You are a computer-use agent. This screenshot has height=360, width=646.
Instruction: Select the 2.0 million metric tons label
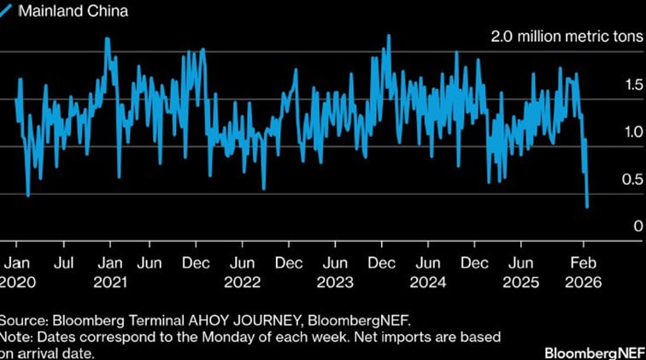click(x=564, y=38)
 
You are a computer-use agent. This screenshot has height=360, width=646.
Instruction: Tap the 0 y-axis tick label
click(x=636, y=226)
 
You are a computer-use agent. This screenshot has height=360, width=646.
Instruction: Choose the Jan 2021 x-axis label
click(x=110, y=271)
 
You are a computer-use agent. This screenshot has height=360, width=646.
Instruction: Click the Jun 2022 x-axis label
click(x=244, y=271)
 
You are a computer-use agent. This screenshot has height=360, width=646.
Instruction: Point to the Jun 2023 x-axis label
click(x=338, y=271)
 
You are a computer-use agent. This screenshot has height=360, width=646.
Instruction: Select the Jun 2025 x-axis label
click(x=521, y=271)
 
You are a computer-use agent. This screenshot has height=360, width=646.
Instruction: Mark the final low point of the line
click(x=588, y=206)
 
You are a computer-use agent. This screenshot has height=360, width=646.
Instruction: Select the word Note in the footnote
click(x=17, y=337)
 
